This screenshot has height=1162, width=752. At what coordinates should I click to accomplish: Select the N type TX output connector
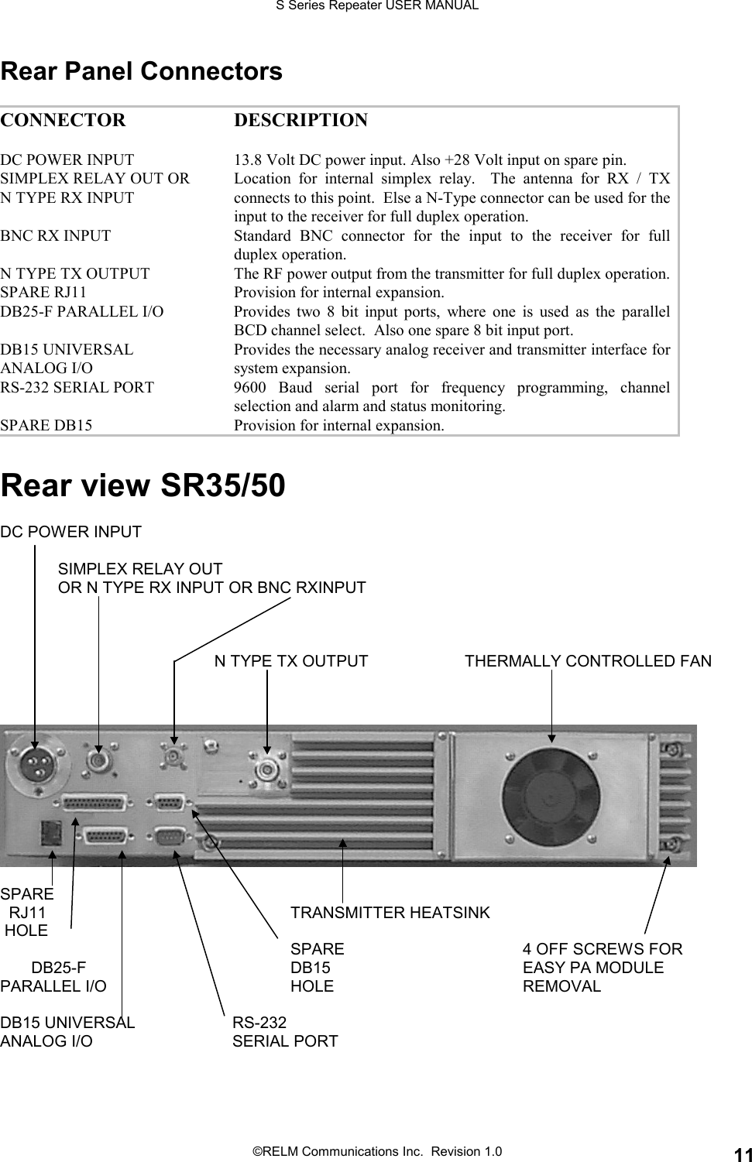[267, 771]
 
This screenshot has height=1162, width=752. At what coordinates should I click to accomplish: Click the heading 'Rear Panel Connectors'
[142, 72]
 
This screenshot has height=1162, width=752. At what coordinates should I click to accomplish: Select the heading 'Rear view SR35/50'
[143, 485]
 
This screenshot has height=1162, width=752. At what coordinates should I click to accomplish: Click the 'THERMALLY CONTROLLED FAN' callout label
[588, 661]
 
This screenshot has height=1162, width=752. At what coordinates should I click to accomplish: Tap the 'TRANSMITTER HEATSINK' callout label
[390, 913]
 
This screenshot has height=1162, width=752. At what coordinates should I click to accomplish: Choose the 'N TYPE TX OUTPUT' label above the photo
[290, 661]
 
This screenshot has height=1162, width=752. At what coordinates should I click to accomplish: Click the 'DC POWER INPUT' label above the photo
[71, 532]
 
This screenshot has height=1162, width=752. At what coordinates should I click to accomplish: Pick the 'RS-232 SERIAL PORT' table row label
[77, 387]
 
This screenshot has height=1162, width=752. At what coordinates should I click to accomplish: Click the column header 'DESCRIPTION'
[300, 121]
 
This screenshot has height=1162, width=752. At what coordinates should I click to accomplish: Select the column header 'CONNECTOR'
[62, 121]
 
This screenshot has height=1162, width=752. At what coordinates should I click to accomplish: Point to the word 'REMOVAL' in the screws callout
[561, 986]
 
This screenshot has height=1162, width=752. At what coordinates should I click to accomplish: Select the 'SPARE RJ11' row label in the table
[43, 293]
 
